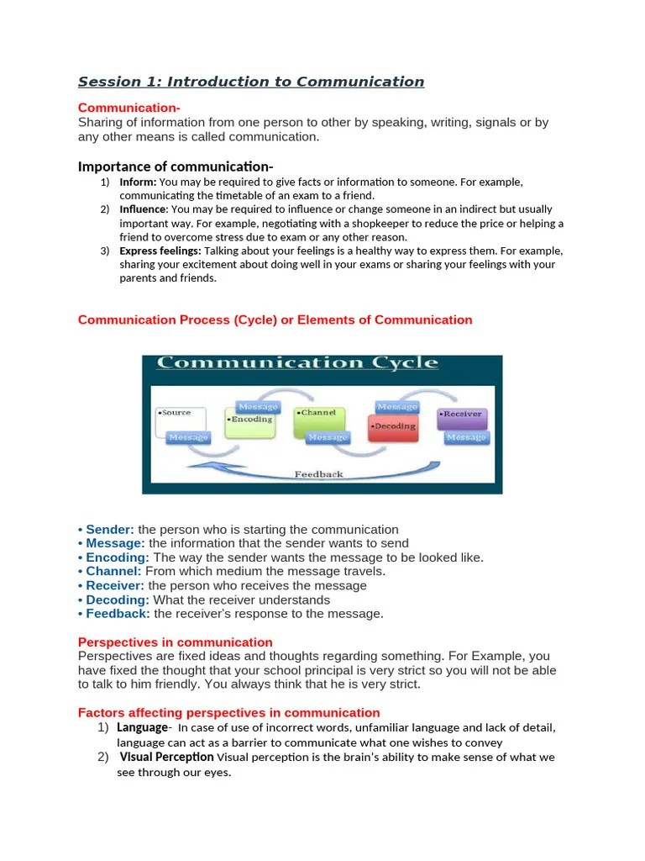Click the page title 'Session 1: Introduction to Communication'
[x=251, y=82]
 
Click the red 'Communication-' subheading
[x=128, y=108]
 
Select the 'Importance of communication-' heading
[x=176, y=166]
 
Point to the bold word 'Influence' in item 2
[x=144, y=209]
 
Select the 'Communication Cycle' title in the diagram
[x=297, y=363]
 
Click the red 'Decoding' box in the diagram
[x=393, y=426]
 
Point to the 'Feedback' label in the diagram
[x=318, y=474]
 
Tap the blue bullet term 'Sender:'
[x=110, y=530]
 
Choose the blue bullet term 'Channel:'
[x=114, y=571]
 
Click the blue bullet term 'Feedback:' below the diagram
[x=118, y=614]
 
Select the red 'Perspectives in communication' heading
[x=175, y=642]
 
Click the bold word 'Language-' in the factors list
[x=144, y=727]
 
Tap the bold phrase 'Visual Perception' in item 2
[x=166, y=757]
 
